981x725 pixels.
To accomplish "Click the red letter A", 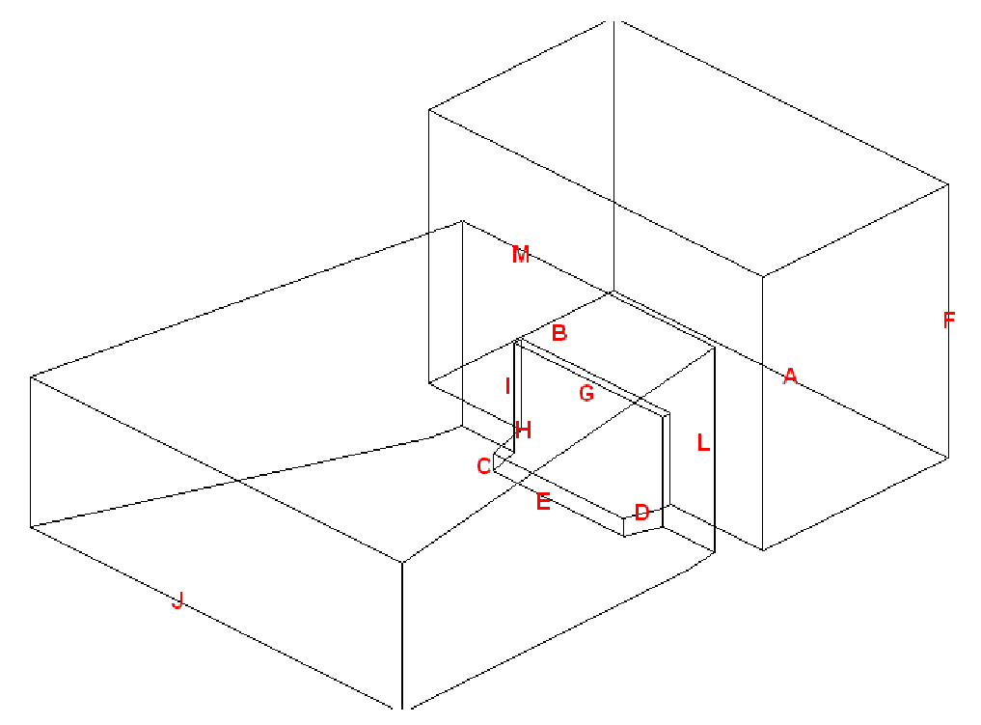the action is tap(790, 376).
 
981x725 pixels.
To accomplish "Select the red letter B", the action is tap(559, 332).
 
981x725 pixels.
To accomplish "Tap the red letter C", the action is tap(483, 466).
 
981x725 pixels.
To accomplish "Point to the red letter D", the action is tap(641, 513).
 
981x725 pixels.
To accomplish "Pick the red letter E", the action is tap(543, 501).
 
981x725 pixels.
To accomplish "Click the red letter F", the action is tap(948, 320).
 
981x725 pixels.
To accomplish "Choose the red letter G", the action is tap(586, 393).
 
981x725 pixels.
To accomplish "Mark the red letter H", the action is tap(524, 431).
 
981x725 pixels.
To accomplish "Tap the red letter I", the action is tap(507, 386).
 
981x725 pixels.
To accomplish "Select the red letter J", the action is tap(177, 600).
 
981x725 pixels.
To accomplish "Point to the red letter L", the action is tap(703, 443).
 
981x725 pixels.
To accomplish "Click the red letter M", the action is tap(521, 255).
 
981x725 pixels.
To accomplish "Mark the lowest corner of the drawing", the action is tap(401, 710).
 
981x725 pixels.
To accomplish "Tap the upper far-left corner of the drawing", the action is tap(31, 376).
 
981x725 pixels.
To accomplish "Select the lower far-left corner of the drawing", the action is tap(31, 527).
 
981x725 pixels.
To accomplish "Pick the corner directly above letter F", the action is tap(948, 184).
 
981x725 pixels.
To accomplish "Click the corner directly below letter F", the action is tap(948, 459).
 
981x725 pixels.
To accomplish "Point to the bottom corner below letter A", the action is tap(763, 550).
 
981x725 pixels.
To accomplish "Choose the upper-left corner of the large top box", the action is tap(428, 109).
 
